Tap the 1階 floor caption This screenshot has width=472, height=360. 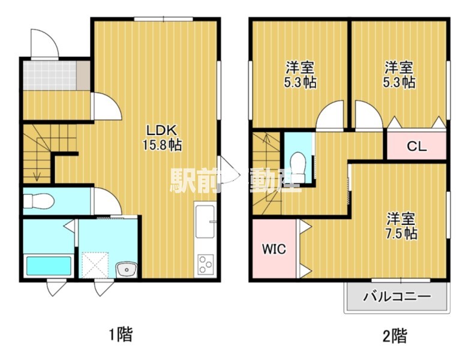click(120, 334)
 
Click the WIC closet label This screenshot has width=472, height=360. click(273, 248)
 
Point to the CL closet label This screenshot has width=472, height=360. click(416, 146)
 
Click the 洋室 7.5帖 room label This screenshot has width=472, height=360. click(401, 225)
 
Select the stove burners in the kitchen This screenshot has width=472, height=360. click(206, 263)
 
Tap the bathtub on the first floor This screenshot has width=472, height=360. click(48, 265)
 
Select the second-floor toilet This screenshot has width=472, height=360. click(297, 163)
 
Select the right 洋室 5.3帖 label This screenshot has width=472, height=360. click(399, 74)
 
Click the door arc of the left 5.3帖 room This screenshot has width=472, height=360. click(330, 115)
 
